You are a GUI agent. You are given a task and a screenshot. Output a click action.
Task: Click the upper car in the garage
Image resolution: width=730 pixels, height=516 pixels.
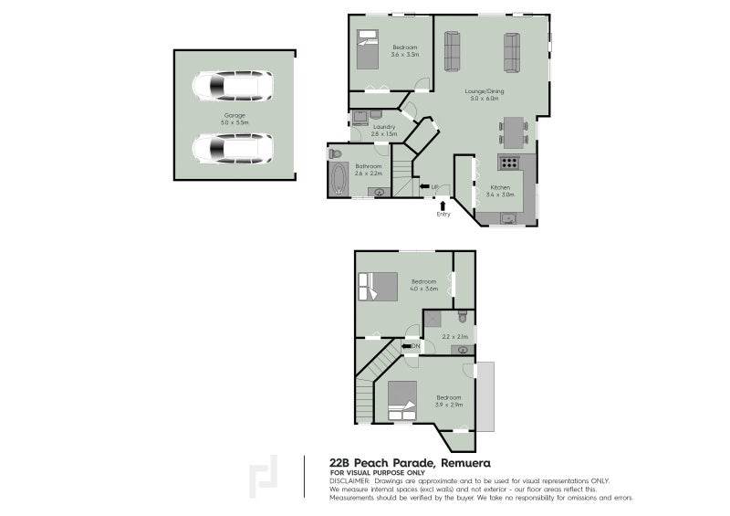tap(232, 88)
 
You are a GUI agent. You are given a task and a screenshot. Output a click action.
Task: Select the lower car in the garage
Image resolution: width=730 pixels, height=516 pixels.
tap(232, 147)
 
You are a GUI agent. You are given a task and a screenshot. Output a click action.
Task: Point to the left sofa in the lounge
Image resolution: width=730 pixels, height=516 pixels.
tap(452, 52)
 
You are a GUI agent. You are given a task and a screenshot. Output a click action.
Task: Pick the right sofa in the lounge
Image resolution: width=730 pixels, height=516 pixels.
tap(511, 52)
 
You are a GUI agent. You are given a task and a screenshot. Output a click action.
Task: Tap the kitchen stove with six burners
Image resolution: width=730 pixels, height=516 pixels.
tap(508, 163)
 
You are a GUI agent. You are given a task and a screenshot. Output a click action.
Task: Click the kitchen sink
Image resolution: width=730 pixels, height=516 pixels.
tap(506, 217)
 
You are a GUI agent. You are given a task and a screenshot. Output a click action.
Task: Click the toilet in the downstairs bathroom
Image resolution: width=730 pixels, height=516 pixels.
tap(335, 153)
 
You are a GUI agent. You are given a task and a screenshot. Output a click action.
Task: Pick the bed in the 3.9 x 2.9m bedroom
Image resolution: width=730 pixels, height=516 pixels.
tap(401, 399)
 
